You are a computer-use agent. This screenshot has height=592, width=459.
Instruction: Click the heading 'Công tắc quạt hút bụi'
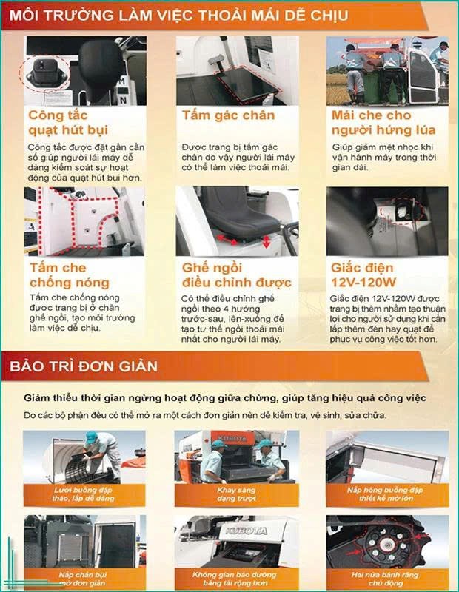click(x=68, y=123)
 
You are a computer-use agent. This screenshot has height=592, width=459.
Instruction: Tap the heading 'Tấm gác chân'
click(x=228, y=115)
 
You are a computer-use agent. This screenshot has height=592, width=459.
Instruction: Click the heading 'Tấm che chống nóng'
click(x=69, y=275)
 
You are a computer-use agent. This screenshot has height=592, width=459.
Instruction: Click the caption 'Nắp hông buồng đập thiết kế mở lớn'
click(x=387, y=494)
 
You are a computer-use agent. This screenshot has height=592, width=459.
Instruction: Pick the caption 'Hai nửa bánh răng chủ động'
click(x=387, y=578)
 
